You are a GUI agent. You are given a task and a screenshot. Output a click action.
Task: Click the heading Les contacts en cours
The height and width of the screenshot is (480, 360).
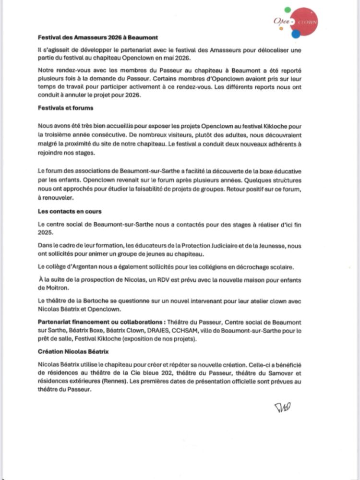point(70,211)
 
